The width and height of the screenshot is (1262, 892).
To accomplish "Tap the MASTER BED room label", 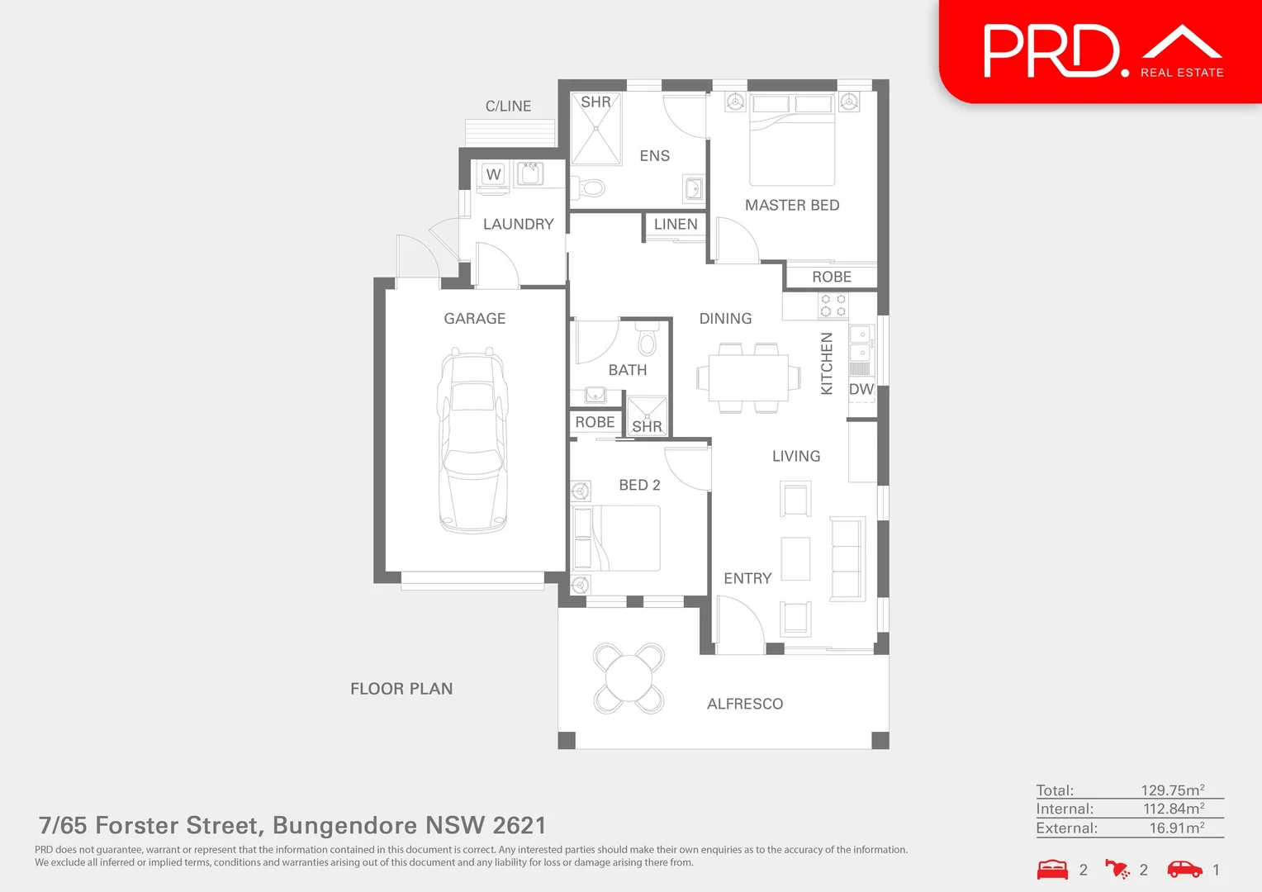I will click(x=792, y=205).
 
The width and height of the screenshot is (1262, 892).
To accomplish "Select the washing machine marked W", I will click(x=494, y=174).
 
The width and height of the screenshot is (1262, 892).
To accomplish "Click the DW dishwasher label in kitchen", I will click(x=861, y=389).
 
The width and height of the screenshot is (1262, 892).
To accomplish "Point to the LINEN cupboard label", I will click(x=676, y=224).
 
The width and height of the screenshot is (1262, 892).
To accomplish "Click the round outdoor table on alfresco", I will click(x=629, y=678).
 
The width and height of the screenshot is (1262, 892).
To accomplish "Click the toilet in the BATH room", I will click(x=648, y=340).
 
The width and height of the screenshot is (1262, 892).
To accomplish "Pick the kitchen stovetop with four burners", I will click(x=833, y=306).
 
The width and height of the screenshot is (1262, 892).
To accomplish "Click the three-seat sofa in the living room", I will click(x=847, y=557).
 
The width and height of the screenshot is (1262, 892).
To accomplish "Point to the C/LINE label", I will click(x=508, y=107).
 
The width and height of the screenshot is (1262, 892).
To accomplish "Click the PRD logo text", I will click(x=1051, y=51).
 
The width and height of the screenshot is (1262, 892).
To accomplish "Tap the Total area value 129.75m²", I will click(x=1172, y=790).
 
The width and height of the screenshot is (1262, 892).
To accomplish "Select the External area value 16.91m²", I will click(x=1176, y=828).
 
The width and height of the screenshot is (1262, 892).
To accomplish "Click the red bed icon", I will click(x=1052, y=870).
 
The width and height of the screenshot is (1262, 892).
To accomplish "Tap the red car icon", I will click(x=1184, y=869).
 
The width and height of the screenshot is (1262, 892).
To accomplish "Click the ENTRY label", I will click(x=747, y=579).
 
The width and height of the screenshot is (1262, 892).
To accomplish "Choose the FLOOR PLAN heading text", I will click(x=401, y=689).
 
